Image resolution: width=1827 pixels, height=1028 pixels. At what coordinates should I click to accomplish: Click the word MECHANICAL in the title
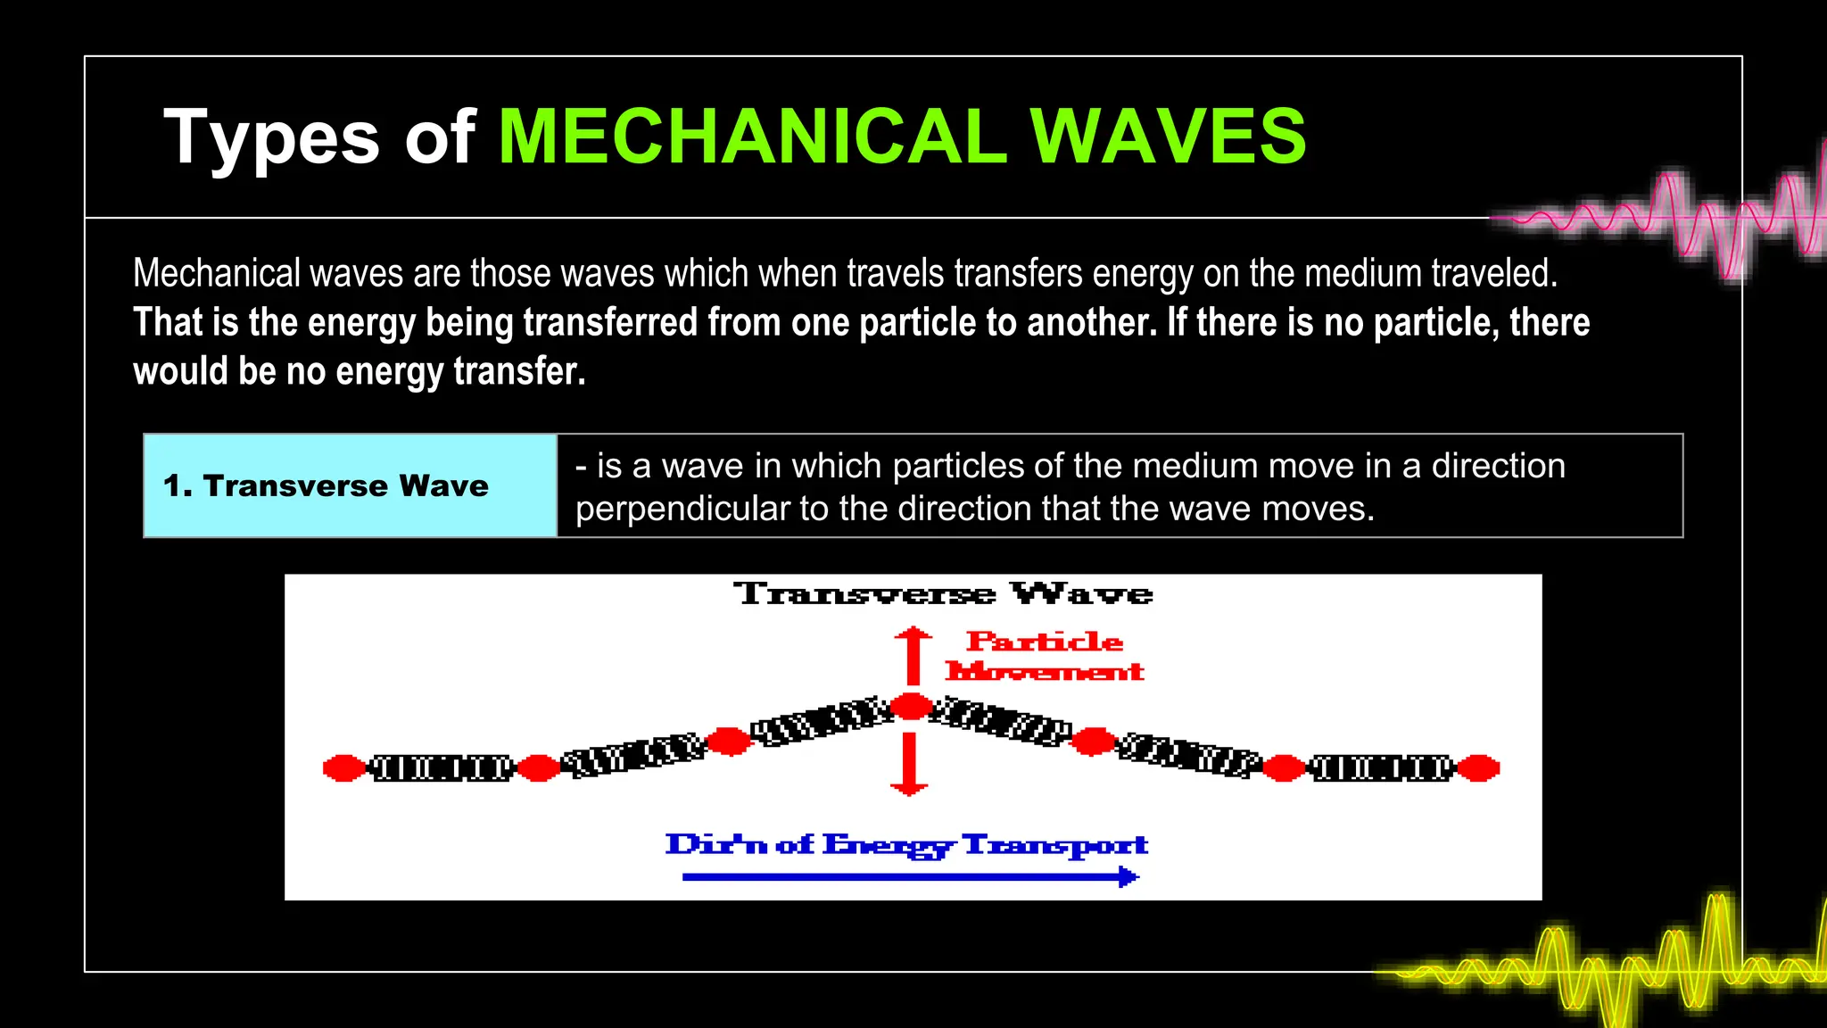pyautogui.click(x=752, y=137)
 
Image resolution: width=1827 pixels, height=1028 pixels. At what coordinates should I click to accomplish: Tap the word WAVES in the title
pyautogui.click(x=1169, y=137)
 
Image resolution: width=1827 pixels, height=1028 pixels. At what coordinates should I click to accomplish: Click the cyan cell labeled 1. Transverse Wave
pyautogui.click(x=350, y=485)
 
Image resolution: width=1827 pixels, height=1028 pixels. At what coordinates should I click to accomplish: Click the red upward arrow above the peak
pyautogui.click(x=913, y=655)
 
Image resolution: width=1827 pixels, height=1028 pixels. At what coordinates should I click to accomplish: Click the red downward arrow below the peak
pyautogui.click(x=910, y=763)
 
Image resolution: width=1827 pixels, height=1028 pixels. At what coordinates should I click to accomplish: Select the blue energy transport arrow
pyautogui.click(x=910, y=877)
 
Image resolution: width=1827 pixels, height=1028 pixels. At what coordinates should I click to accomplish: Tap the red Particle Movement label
pyautogui.click(x=1044, y=656)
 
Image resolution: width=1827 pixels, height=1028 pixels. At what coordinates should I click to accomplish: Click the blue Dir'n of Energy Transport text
pyautogui.click(x=906, y=844)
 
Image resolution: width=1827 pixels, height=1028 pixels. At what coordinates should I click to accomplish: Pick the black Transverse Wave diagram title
pyautogui.click(x=943, y=593)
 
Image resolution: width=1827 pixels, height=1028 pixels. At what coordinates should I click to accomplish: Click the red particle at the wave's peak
pyautogui.click(x=912, y=707)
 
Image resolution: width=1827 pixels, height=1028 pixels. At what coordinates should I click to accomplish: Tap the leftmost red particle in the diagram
pyautogui.click(x=343, y=767)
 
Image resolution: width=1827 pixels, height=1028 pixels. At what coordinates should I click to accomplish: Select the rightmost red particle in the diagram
pyautogui.click(x=1478, y=767)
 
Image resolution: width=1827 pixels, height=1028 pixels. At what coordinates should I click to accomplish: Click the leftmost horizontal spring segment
pyautogui.click(x=442, y=767)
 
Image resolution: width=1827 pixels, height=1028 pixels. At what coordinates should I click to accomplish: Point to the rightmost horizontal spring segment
pyautogui.click(x=1381, y=767)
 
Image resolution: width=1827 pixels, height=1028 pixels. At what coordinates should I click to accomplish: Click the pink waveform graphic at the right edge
pyautogui.click(x=1695, y=219)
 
